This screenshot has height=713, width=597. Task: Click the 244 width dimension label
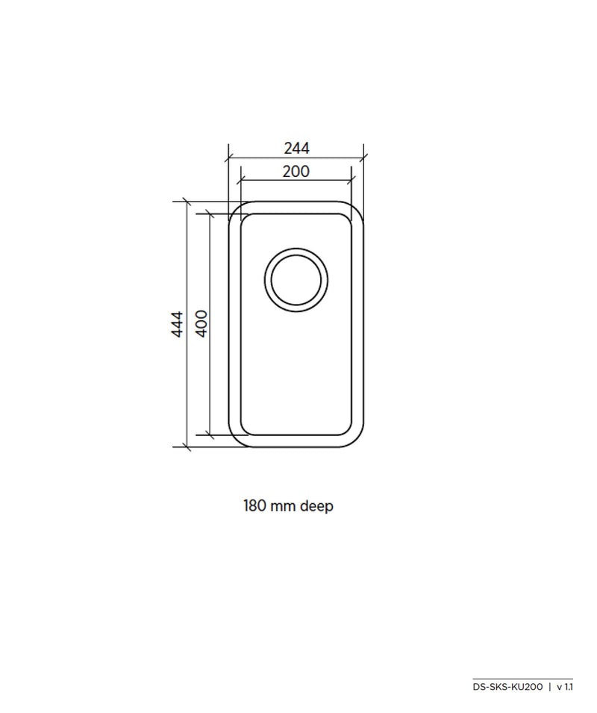point(297,149)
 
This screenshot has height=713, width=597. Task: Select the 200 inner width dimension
point(296,172)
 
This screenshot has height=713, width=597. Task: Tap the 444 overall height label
point(177,324)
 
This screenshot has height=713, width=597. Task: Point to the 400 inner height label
point(201,323)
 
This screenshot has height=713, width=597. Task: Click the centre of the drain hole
point(296,280)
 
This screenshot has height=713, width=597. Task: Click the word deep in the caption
point(316,506)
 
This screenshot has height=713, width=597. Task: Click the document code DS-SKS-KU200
point(507,687)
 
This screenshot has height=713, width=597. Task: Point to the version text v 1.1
point(565,687)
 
